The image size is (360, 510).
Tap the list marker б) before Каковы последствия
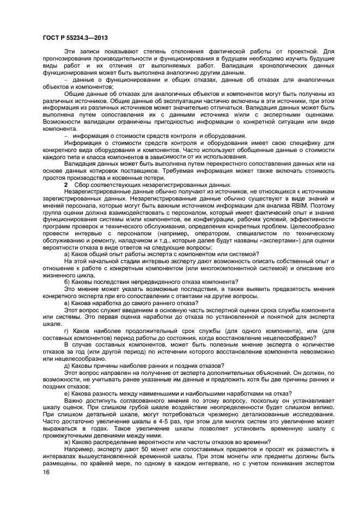pos(68,282)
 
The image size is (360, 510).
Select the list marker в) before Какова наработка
pos(68,302)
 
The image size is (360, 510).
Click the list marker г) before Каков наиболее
pos(67,331)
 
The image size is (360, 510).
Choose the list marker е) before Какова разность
pos(68,393)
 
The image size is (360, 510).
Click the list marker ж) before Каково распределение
pos(68,441)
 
